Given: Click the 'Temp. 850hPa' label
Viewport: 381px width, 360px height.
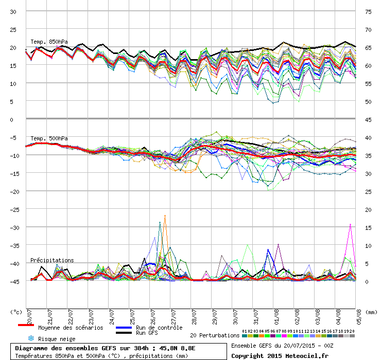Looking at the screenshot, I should click(49, 42).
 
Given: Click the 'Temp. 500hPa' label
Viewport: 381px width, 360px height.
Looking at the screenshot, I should click(49, 138).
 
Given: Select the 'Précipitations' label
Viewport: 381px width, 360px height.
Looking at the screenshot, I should click(52, 260).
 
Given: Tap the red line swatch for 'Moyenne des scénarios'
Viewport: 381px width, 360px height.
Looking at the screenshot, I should click(26, 325).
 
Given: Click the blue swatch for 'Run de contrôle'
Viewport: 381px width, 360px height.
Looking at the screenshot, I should click(124, 328).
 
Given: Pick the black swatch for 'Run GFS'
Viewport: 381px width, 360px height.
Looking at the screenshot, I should click(124, 333).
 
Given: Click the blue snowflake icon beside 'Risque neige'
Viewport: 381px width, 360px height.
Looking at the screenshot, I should click(30, 338).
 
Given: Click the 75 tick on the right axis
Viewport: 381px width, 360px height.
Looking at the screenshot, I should click(368, 11).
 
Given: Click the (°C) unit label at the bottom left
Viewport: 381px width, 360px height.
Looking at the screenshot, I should click(16, 312).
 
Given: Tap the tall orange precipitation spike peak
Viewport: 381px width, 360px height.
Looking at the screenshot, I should click(165, 215).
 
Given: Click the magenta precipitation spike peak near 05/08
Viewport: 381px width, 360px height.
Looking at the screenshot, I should click(350, 224).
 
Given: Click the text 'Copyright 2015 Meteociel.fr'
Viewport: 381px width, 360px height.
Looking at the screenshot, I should click(280, 355).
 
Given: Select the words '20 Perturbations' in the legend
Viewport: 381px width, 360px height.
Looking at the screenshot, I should click(215, 335).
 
